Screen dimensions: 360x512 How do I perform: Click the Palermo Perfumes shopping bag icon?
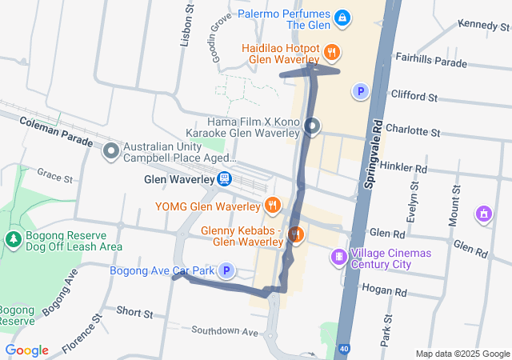click(x=342, y=17)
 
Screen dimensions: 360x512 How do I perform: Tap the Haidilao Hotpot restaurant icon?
click(x=333, y=54)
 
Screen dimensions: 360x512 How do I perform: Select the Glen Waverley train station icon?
click(x=226, y=180)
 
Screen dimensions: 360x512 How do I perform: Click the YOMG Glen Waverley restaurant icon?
click(x=273, y=205)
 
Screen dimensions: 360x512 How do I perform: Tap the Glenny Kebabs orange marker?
click(x=295, y=234)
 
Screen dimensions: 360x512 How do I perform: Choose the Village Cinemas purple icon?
click(x=339, y=257)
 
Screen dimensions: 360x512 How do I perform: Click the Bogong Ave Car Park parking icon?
click(x=226, y=271)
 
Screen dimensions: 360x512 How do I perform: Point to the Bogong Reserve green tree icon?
click(x=13, y=238)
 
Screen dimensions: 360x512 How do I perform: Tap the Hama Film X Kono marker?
click(x=312, y=126)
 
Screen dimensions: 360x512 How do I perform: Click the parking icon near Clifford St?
click(x=361, y=92)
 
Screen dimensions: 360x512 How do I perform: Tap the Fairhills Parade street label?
click(x=432, y=62)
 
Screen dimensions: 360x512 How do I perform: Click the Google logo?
click(x=27, y=350)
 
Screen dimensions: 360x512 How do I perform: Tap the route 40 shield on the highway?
click(x=342, y=350)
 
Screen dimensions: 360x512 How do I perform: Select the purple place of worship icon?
click(x=482, y=214)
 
